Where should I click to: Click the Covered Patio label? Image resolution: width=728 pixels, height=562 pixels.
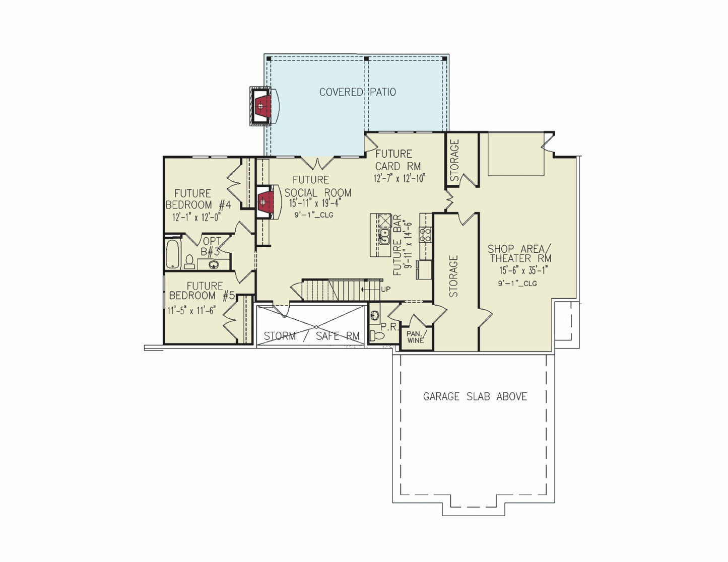358,92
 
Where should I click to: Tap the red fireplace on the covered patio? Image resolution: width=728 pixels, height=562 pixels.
263,106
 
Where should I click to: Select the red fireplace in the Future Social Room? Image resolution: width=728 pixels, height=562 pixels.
266,202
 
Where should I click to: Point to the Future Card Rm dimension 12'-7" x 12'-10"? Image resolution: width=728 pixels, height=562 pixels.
400,178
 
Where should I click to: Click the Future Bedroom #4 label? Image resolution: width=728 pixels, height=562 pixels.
198,199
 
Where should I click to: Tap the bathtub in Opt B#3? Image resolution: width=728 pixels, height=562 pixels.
173,254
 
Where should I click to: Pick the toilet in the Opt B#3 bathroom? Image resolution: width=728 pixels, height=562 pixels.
189,261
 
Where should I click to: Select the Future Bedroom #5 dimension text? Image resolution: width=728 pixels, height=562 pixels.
191,310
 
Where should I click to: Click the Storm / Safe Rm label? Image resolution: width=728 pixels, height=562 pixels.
311,336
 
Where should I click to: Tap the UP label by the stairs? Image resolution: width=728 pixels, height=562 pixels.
385,289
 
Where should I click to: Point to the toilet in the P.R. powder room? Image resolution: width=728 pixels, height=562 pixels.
376,335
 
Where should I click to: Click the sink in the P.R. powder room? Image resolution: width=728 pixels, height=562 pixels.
375,315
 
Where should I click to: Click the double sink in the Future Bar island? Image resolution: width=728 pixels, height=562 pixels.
384,236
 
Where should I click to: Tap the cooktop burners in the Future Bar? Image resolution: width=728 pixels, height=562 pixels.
426,234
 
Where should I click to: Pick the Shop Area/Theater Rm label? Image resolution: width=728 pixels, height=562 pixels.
519,253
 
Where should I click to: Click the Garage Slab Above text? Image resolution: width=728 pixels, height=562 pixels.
475,397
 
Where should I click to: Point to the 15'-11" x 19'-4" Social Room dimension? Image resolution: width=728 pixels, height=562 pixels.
315,203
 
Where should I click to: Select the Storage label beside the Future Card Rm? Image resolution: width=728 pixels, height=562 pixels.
454,160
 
